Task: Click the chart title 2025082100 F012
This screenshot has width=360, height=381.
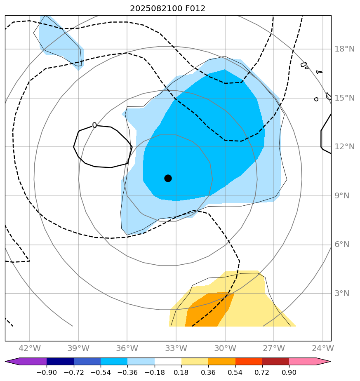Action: point(167,9)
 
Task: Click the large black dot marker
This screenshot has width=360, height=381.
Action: point(168,178)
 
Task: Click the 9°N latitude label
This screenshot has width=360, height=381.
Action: point(341,196)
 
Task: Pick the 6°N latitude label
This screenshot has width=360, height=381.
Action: point(341,245)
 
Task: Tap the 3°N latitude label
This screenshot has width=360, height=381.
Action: point(341,294)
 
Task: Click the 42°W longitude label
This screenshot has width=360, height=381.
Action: point(29,348)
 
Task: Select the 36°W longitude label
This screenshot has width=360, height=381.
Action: point(127,348)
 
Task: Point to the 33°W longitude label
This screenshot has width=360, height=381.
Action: point(176,348)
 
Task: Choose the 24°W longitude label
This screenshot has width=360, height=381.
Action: point(322,348)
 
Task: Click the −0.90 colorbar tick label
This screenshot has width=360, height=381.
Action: point(47,373)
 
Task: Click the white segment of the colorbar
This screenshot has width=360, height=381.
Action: point(168,362)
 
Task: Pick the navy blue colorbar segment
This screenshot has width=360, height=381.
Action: point(60,362)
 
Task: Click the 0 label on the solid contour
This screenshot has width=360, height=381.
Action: point(94,125)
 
